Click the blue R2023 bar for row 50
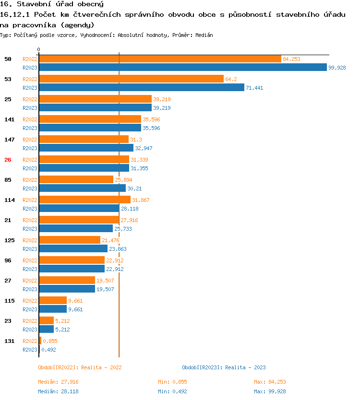coord(182,67)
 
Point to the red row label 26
coord(8,160)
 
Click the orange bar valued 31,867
coord(84,200)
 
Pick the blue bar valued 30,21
coord(82,188)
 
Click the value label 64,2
coord(231,79)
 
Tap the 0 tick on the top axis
coord(39,50)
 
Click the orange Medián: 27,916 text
coord(58,382)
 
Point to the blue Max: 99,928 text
coord(270,391)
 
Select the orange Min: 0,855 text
coord(172,382)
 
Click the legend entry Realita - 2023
coord(224,367)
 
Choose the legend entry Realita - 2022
coord(80,367)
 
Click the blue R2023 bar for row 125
coord(73,248)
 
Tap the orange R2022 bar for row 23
coord(46,320)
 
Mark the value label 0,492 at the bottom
coord(48,350)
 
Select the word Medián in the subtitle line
coord(204,35)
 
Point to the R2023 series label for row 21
coord(30,229)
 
